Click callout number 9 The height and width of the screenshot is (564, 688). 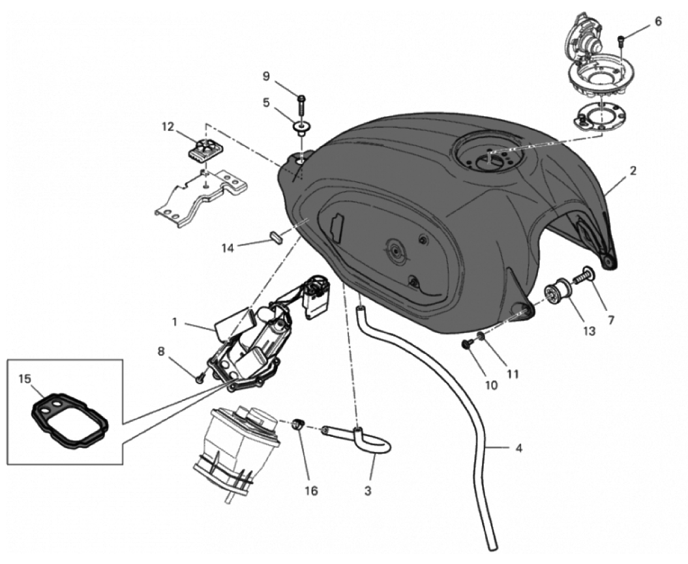pos(266,77)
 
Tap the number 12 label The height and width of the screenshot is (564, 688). pos(169,126)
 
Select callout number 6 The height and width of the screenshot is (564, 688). pos(658,22)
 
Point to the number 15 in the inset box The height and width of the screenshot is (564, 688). pos(25,378)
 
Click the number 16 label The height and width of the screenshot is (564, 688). pos(312,490)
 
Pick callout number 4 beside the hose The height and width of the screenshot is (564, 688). pos(518,449)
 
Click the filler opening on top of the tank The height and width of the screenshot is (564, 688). pos(488,156)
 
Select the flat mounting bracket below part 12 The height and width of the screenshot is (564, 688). pos(196,196)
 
